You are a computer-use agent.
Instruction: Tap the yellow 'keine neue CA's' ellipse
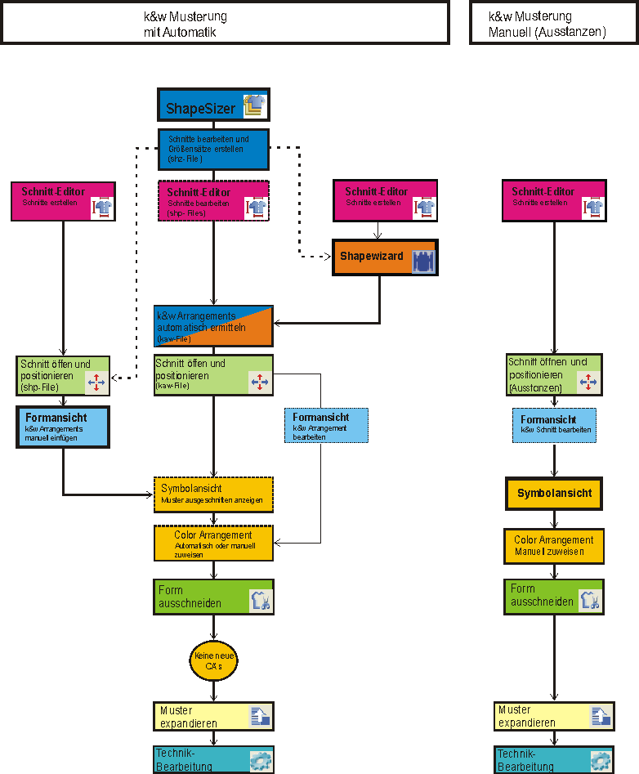click(214, 661)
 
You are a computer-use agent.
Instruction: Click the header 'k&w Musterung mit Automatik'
click(225, 23)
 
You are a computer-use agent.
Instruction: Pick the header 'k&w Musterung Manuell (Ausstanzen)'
click(553, 23)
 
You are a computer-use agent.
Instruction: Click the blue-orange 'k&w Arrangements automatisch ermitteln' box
click(213, 327)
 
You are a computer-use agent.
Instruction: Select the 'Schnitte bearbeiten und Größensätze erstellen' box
click(213, 149)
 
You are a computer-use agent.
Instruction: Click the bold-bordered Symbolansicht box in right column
click(554, 493)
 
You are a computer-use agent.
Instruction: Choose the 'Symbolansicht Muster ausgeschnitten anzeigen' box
click(213, 493)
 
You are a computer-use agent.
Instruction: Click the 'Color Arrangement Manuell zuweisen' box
click(554, 545)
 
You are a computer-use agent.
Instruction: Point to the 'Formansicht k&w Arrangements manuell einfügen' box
click(63, 427)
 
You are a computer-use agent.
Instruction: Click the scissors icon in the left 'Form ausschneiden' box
click(260, 602)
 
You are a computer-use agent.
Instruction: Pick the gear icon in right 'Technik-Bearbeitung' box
click(601, 760)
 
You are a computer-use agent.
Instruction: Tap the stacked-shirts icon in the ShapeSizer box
click(255, 105)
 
